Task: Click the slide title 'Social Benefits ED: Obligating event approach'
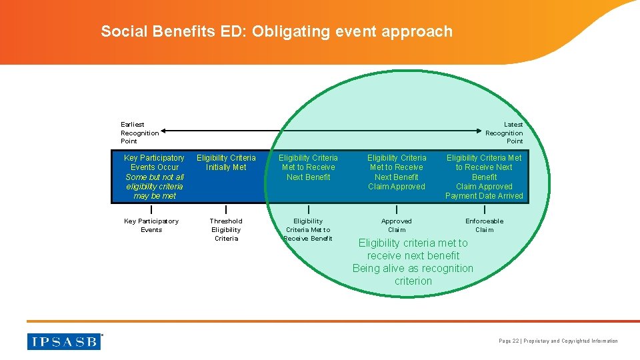point(277,31)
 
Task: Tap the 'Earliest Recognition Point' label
point(139,133)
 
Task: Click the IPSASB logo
point(64,341)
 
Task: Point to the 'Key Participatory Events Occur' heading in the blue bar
point(154,163)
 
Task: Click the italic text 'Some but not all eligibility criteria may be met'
point(154,187)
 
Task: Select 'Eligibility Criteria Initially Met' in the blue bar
point(226,163)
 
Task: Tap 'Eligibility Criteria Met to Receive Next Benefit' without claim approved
point(308,167)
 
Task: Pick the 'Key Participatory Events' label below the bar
point(151,225)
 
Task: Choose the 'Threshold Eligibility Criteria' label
point(226,229)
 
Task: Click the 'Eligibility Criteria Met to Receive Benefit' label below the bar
point(308,229)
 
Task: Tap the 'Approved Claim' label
point(397,225)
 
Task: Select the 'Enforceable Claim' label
point(484,225)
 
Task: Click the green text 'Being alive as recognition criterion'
point(413,275)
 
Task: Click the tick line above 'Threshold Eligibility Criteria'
point(226,210)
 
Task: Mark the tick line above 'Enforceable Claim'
point(484,210)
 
